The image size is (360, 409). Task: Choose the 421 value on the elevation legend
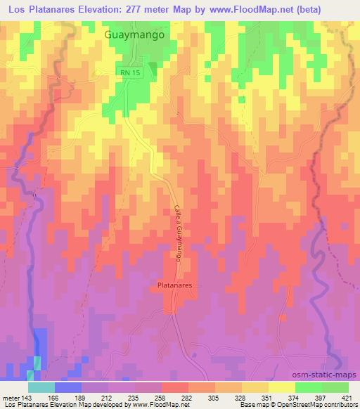(347, 396)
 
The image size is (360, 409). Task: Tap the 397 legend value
(321, 396)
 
